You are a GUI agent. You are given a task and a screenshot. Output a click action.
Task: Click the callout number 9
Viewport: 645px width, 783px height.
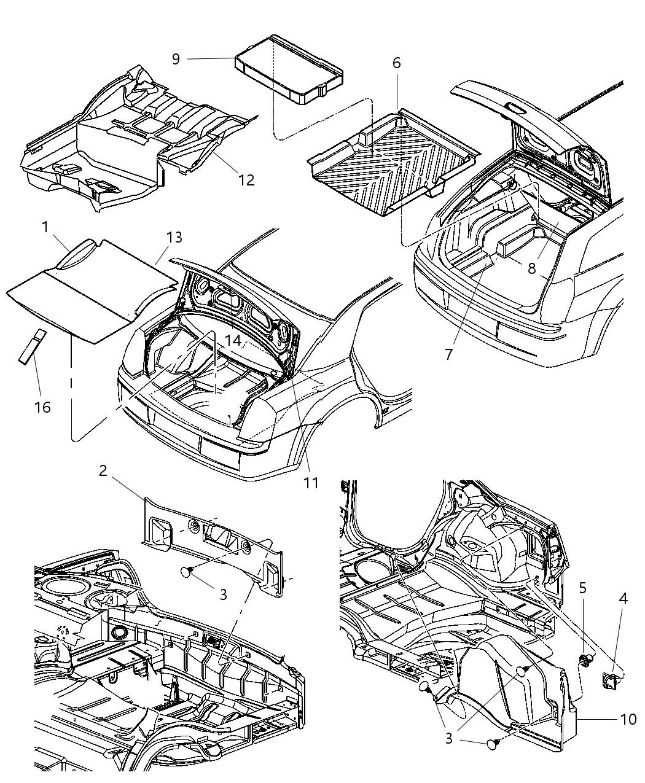pos(176,59)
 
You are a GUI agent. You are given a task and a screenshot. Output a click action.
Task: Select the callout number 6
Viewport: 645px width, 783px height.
pos(396,63)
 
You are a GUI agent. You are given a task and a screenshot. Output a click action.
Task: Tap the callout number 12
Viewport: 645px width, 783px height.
pos(246,180)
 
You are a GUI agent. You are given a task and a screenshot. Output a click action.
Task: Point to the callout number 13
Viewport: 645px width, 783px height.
pos(174,238)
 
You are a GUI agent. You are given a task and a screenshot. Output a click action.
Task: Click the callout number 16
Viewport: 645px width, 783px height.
pos(42,407)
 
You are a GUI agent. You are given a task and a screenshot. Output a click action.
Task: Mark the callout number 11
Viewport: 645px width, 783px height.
pos(311,483)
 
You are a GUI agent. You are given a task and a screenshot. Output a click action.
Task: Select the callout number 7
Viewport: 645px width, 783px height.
pos(448,354)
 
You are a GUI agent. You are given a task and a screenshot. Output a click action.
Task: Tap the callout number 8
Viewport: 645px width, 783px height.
pos(531,268)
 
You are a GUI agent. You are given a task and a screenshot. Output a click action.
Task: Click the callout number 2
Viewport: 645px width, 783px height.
pos(103,471)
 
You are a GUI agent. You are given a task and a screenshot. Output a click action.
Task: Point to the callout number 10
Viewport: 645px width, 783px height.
pos(628,719)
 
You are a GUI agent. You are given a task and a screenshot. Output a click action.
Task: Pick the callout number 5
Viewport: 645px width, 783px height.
pos(582,588)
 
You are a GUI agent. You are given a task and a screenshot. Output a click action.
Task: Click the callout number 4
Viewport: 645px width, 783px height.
pos(623,598)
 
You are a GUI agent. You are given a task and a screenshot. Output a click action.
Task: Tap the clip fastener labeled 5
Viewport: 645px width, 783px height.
pos(586,661)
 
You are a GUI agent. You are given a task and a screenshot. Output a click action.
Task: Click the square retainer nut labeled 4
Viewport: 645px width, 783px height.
pos(611,679)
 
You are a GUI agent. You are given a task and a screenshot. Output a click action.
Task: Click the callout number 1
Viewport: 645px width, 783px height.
pos(45,227)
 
